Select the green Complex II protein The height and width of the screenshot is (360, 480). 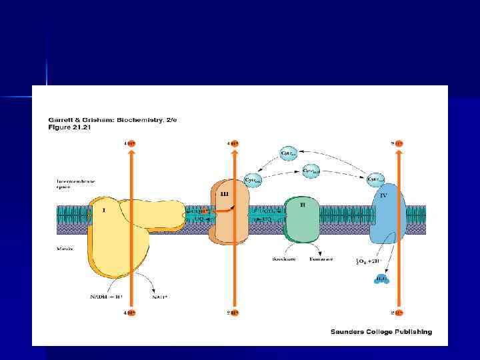[x=303, y=217]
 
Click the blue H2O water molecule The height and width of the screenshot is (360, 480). [x=381, y=279]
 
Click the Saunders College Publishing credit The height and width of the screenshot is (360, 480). [x=381, y=331]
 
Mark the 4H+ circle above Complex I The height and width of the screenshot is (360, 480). [x=130, y=143]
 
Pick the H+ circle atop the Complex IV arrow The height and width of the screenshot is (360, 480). [x=399, y=143]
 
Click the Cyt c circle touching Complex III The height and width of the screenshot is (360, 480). [x=252, y=179]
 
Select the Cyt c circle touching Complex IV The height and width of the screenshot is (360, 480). [x=376, y=179]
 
